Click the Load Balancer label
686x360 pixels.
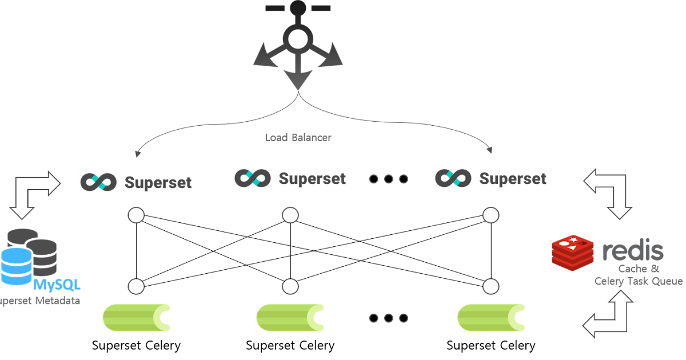pyautogui.click(x=298, y=138)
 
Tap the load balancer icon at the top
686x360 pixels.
pyautogui.click(x=297, y=43)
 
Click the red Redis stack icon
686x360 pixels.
pyautogui.click(x=573, y=252)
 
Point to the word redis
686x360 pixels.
pyautogui.click(x=633, y=251)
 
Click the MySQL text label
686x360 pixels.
pyautogui.click(x=57, y=284)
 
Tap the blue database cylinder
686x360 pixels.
pyautogui.click(x=16, y=266)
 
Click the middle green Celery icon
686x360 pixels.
pyautogui.click(x=290, y=317)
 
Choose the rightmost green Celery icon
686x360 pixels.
pyautogui.click(x=491, y=317)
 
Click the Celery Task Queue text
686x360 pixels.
pyautogui.click(x=638, y=281)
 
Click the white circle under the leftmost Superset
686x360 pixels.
pyautogui.click(x=136, y=215)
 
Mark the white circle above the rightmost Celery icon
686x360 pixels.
pyautogui.click(x=490, y=286)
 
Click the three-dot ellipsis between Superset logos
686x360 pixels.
pyautogui.click(x=389, y=179)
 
